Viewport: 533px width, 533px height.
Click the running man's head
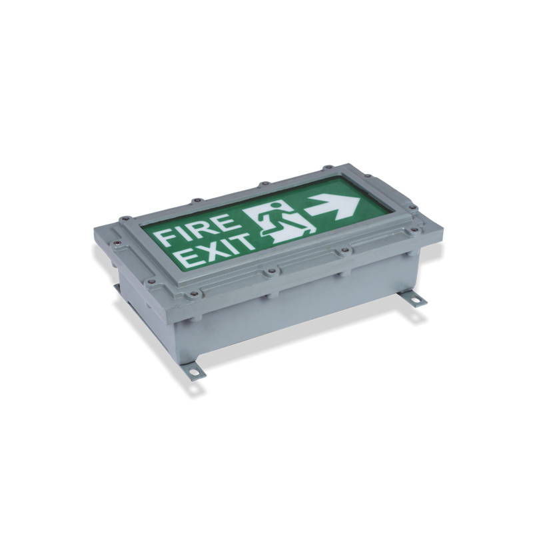[x=276, y=205]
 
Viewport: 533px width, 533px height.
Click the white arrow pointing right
[x=334, y=208]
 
